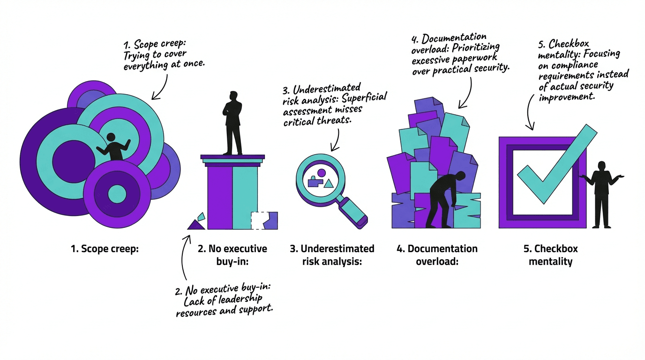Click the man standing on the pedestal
[232, 123]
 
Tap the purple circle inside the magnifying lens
[321, 173]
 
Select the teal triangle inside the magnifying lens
[329, 183]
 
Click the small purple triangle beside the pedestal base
[195, 225]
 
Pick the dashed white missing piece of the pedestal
[258, 220]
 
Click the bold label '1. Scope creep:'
[105, 249]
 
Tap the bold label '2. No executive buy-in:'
[232, 255]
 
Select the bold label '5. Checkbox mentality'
[551, 255]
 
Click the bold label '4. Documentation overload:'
[437, 255]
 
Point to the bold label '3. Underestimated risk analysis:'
[332, 255]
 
